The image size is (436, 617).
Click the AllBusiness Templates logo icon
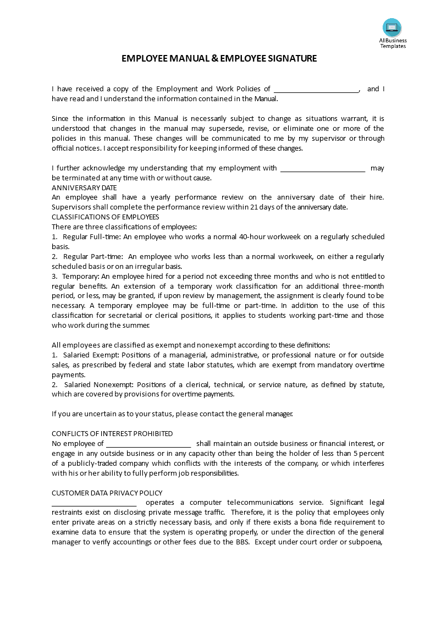pos(392,27)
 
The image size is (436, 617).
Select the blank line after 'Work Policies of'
pos(316,89)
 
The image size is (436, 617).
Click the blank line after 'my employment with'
pos(323,168)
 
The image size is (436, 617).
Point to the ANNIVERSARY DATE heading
pos(84,188)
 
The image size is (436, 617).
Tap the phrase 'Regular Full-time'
pos(92,237)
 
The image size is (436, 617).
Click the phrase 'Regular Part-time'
pos(93,257)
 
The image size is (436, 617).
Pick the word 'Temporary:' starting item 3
pos(81,277)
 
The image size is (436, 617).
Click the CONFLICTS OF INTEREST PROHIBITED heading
pos(112,434)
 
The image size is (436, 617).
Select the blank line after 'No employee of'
pos(148,444)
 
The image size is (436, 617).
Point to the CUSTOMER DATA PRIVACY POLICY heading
pos(107,493)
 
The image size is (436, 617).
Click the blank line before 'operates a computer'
pos(94,503)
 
